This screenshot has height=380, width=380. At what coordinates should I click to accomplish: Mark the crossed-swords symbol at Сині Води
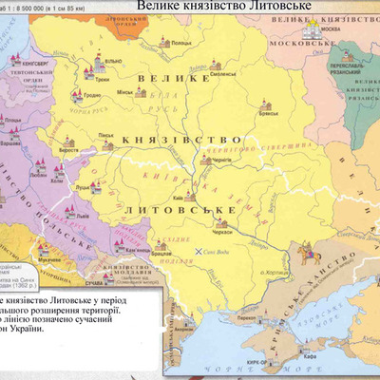pyautogui.click(x=199, y=249)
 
